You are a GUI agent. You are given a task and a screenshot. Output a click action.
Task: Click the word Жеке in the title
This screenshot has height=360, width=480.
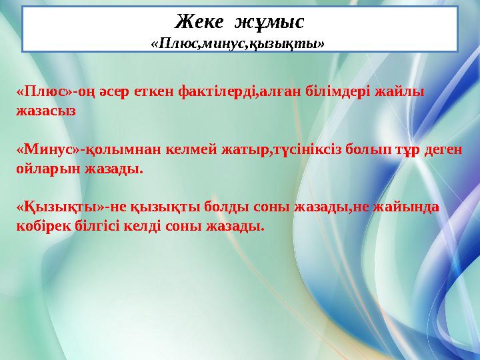coord(199,22)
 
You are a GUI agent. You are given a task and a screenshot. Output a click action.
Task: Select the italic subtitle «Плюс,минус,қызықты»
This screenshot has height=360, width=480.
coord(238,44)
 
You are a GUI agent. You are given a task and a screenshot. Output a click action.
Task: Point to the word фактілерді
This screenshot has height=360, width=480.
coord(216,92)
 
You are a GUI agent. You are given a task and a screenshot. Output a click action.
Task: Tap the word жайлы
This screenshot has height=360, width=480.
coord(400,91)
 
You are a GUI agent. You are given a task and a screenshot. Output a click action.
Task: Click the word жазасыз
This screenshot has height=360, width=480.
coord(46,111)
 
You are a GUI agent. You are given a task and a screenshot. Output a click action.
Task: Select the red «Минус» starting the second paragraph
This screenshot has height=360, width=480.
coord(49,149)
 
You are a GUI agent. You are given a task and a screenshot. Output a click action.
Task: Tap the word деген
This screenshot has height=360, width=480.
coord(443,150)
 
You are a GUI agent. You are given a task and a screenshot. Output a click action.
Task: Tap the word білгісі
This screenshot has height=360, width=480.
coord(97,227)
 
